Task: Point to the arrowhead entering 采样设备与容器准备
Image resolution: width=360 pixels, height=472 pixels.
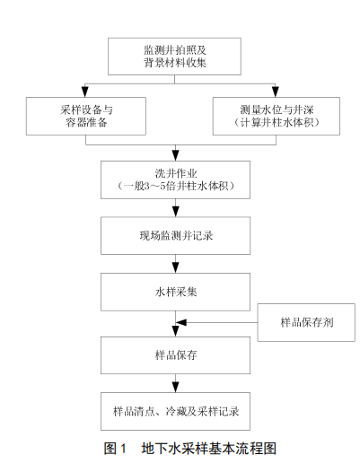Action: click(x=85, y=92)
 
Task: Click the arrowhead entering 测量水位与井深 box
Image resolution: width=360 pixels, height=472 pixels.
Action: click(x=276, y=92)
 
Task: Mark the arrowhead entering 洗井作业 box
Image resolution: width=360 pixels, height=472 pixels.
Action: click(x=176, y=155)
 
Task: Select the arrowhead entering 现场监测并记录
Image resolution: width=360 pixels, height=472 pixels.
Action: click(x=176, y=211)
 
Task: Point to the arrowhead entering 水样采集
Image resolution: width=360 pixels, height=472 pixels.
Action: click(x=176, y=267)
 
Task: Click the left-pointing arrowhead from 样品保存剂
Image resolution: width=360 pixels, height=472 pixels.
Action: click(x=181, y=322)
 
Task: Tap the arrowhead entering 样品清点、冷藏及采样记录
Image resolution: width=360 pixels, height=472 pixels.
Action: click(x=176, y=387)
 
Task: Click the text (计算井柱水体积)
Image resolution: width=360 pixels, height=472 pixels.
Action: click(x=277, y=123)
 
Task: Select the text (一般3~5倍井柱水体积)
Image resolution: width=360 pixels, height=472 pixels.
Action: click(x=176, y=187)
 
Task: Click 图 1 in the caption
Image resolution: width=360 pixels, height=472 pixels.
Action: click(x=115, y=449)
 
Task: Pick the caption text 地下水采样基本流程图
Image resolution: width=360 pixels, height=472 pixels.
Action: click(x=209, y=449)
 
